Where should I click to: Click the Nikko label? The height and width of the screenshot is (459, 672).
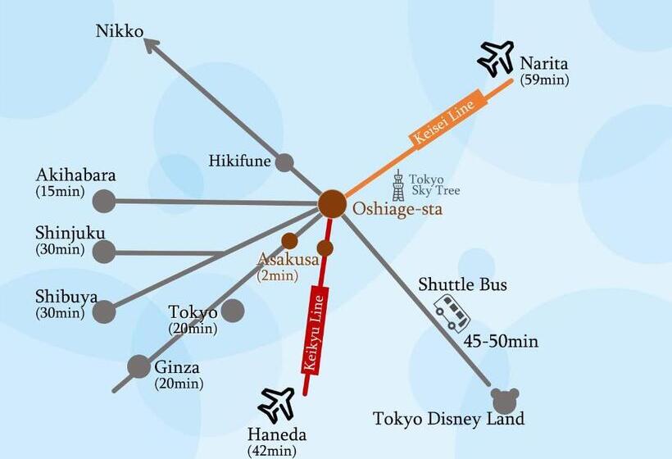[x=119, y=31]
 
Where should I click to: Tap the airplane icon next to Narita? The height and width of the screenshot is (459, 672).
[x=496, y=58]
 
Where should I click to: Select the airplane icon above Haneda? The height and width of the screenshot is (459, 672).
[x=276, y=404]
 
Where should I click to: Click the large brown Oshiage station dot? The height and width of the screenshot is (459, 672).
[x=332, y=204]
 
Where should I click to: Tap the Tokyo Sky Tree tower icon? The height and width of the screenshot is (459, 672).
[x=398, y=186]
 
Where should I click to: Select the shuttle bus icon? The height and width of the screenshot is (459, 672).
[x=452, y=313]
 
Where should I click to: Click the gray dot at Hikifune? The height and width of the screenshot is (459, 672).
[x=284, y=162]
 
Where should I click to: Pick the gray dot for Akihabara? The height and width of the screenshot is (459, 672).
[x=104, y=200]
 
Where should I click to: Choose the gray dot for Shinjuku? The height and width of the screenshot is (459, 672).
[x=104, y=252]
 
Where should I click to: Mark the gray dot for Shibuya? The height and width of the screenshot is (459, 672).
[x=104, y=311]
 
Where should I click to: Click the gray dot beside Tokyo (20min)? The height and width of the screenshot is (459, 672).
[x=233, y=311]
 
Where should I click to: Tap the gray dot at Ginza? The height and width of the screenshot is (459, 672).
[x=139, y=366]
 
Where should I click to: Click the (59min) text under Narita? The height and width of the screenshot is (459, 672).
[x=544, y=80]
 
